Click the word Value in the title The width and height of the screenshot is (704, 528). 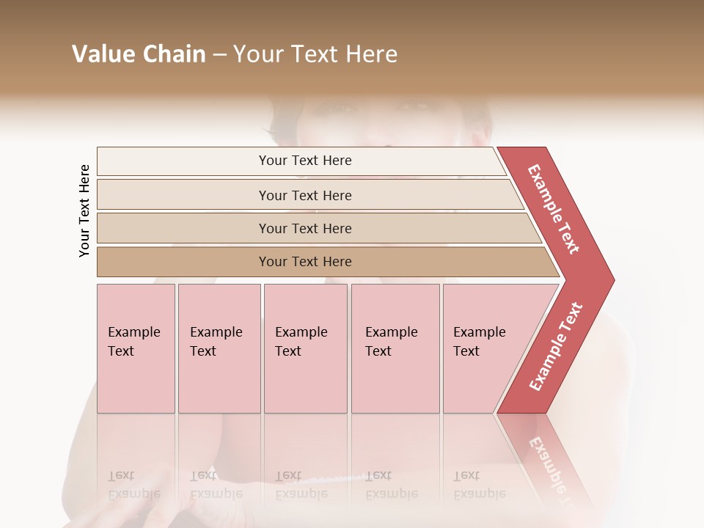click(x=103, y=54)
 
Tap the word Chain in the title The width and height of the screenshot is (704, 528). click(x=174, y=54)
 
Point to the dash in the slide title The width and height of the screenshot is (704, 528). click(x=219, y=55)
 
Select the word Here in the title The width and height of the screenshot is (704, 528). click(x=371, y=54)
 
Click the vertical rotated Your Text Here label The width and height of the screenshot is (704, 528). click(x=84, y=211)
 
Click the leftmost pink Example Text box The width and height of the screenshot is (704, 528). click(x=136, y=348)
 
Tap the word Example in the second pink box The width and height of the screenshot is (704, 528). click(x=216, y=332)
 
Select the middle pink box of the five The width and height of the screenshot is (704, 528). click(x=305, y=348)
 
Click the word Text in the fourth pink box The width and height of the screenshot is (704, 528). click(x=378, y=351)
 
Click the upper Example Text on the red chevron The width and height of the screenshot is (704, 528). click(x=554, y=209)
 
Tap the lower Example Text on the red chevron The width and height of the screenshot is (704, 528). click(x=556, y=347)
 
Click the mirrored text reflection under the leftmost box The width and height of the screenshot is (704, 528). click(x=133, y=485)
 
